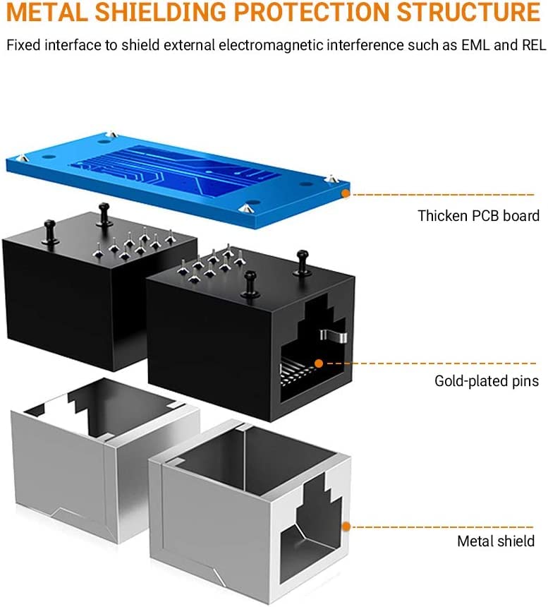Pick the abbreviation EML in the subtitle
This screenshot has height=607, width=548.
click(475, 45)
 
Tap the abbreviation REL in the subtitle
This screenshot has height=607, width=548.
click(534, 45)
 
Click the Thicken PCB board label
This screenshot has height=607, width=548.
click(478, 215)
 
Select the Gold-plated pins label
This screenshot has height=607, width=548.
click(487, 381)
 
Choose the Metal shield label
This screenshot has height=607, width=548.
click(496, 541)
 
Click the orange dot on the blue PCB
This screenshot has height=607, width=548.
click(346, 193)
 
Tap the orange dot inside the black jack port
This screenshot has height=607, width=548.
click(319, 363)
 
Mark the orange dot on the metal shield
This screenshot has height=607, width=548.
click(346, 526)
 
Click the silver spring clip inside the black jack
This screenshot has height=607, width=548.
click(333, 335)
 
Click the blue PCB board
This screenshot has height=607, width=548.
click(178, 179)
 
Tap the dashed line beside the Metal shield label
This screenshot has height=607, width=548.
click(443, 527)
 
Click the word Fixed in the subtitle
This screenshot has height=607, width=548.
click(23, 45)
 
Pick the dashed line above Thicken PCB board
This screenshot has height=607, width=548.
click(443, 194)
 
